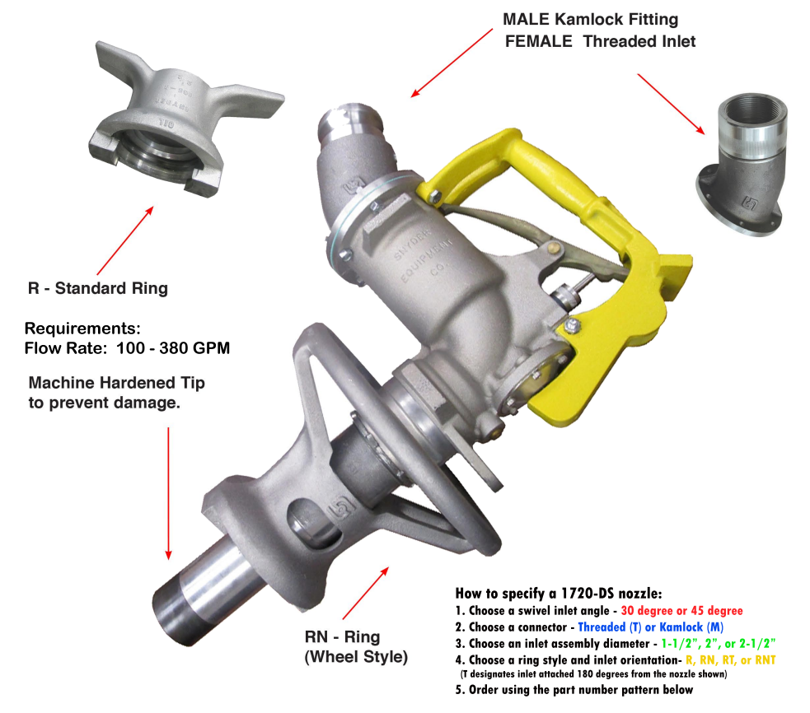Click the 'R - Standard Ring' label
click(97, 288)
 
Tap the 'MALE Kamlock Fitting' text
click(591, 19)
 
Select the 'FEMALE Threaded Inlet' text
click(600, 41)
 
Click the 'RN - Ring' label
click(342, 636)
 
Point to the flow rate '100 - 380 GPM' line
click(173, 348)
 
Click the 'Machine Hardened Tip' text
click(117, 383)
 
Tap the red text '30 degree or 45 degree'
click(682, 611)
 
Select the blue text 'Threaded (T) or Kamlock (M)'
click(650, 627)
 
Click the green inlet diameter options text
click(718, 643)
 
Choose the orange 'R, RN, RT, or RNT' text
click(730, 659)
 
